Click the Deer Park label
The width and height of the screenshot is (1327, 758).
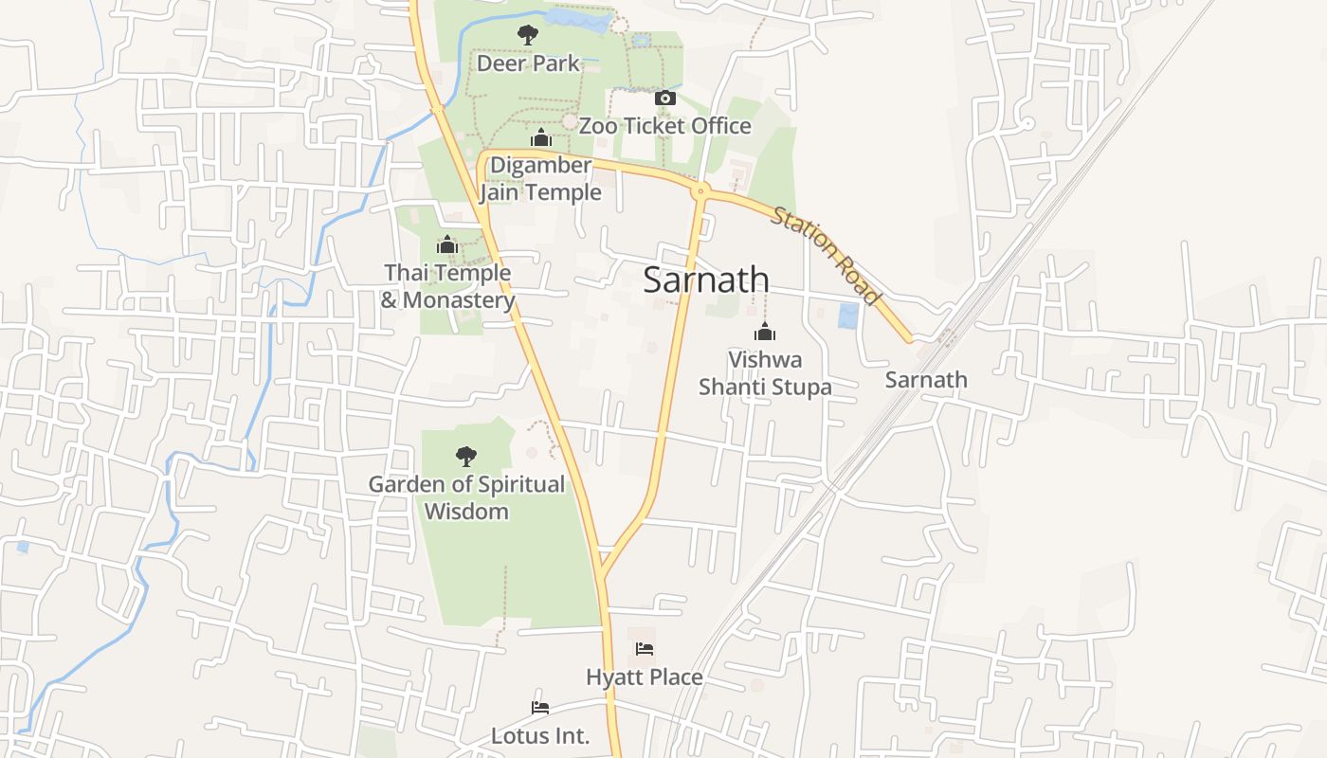click(528, 63)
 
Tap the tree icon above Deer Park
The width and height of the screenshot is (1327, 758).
click(528, 36)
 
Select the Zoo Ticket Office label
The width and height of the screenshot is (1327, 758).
click(664, 125)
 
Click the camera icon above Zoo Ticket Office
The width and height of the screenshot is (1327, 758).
click(665, 99)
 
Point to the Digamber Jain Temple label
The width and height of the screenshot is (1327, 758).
click(540, 178)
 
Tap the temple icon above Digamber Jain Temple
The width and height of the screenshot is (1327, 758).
click(541, 139)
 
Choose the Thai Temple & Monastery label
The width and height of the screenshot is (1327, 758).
click(447, 286)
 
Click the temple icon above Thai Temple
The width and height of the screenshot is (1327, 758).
click(447, 245)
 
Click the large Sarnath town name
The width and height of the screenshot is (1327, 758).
click(706, 280)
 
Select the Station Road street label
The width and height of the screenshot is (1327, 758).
click(826, 256)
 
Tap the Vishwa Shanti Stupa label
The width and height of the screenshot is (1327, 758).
click(765, 373)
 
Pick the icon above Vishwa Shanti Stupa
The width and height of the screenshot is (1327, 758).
click(765, 333)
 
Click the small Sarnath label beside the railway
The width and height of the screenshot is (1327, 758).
click(926, 380)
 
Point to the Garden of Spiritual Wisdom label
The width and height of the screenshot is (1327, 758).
click(466, 497)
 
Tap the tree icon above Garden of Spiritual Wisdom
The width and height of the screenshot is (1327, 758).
click(465, 457)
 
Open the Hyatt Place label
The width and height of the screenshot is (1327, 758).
click(645, 677)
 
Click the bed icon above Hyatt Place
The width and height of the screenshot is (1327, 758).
click(645, 649)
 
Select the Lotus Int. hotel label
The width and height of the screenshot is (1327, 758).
click(540, 735)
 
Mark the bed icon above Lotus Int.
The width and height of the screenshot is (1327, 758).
click(540, 708)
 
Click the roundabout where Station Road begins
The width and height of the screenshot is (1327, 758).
click(700, 191)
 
